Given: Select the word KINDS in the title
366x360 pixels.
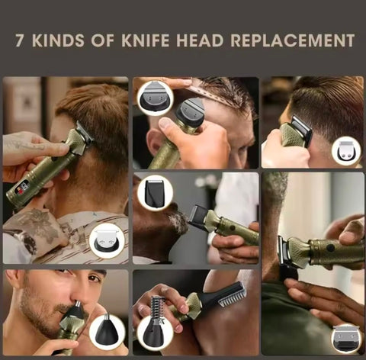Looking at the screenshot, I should pos(59,40).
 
